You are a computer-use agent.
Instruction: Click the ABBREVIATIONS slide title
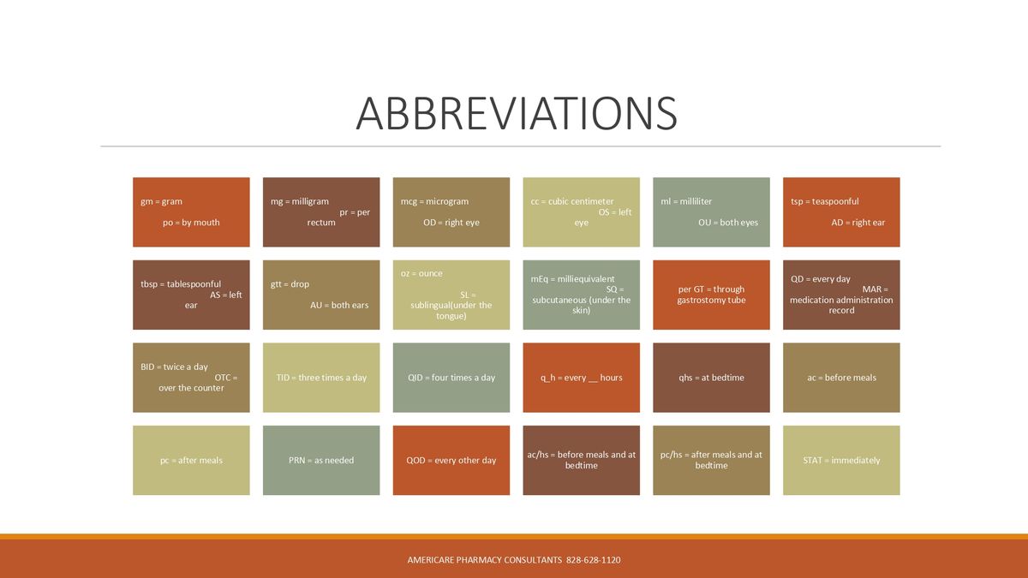click(516, 113)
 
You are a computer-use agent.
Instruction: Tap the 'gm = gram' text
click(161, 201)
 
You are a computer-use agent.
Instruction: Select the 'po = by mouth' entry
click(191, 223)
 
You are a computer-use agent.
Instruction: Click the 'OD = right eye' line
click(451, 223)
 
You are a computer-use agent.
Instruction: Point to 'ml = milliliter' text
click(686, 201)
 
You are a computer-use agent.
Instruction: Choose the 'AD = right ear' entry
click(858, 223)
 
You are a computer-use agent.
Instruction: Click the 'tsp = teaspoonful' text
click(824, 201)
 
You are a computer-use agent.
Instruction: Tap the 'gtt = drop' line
click(290, 284)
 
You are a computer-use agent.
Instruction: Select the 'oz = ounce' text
click(421, 273)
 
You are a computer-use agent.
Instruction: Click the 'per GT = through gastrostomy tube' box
click(711, 295)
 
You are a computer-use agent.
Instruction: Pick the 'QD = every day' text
click(820, 279)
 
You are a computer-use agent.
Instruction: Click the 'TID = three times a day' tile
click(321, 378)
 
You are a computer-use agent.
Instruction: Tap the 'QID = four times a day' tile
click(451, 378)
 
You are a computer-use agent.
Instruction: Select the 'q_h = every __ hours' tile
click(581, 378)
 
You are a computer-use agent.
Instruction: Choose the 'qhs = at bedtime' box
click(711, 378)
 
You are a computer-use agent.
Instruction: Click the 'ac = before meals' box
click(841, 378)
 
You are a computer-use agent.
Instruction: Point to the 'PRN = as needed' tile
click(321, 461)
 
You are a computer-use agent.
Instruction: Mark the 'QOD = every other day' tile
click(451, 461)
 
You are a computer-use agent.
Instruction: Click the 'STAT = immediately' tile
click(841, 461)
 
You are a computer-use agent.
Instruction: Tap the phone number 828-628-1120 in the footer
click(594, 560)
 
